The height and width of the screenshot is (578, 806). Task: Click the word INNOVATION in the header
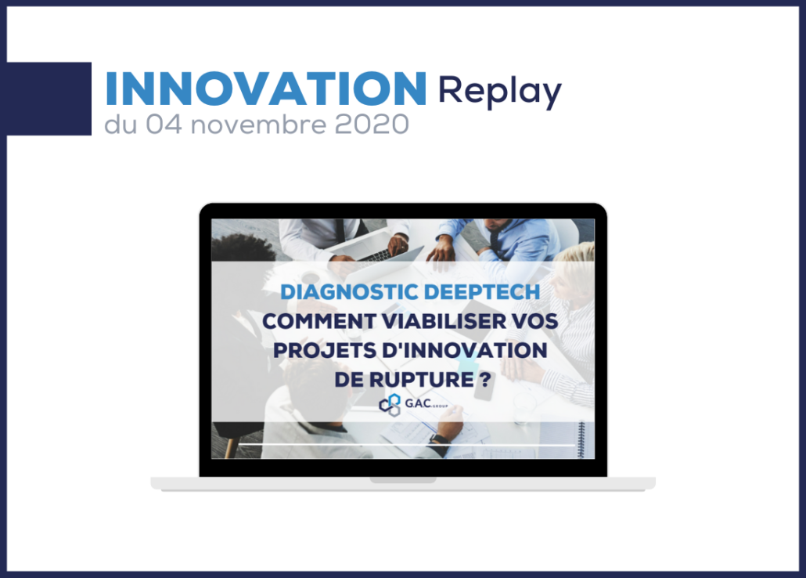click(266, 88)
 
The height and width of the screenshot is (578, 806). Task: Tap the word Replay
click(499, 92)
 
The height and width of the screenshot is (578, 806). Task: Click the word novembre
click(258, 125)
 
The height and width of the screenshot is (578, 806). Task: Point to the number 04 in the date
click(164, 125)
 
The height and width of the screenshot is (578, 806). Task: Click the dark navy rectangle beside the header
click(49, 99)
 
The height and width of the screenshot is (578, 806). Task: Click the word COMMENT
click(318, 321)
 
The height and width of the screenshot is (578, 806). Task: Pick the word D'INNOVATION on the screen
click(465, 351)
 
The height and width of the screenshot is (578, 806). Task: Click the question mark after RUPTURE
click(485, 380)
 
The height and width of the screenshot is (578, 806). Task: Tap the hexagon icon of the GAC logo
click(390, 405)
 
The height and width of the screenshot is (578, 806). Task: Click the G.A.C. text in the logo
click(417, 403)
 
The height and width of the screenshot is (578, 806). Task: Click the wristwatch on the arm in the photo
click(440, 443)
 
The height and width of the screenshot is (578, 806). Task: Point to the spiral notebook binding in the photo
click(581, 439)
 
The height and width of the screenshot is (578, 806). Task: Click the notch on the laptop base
click(403, 479)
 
